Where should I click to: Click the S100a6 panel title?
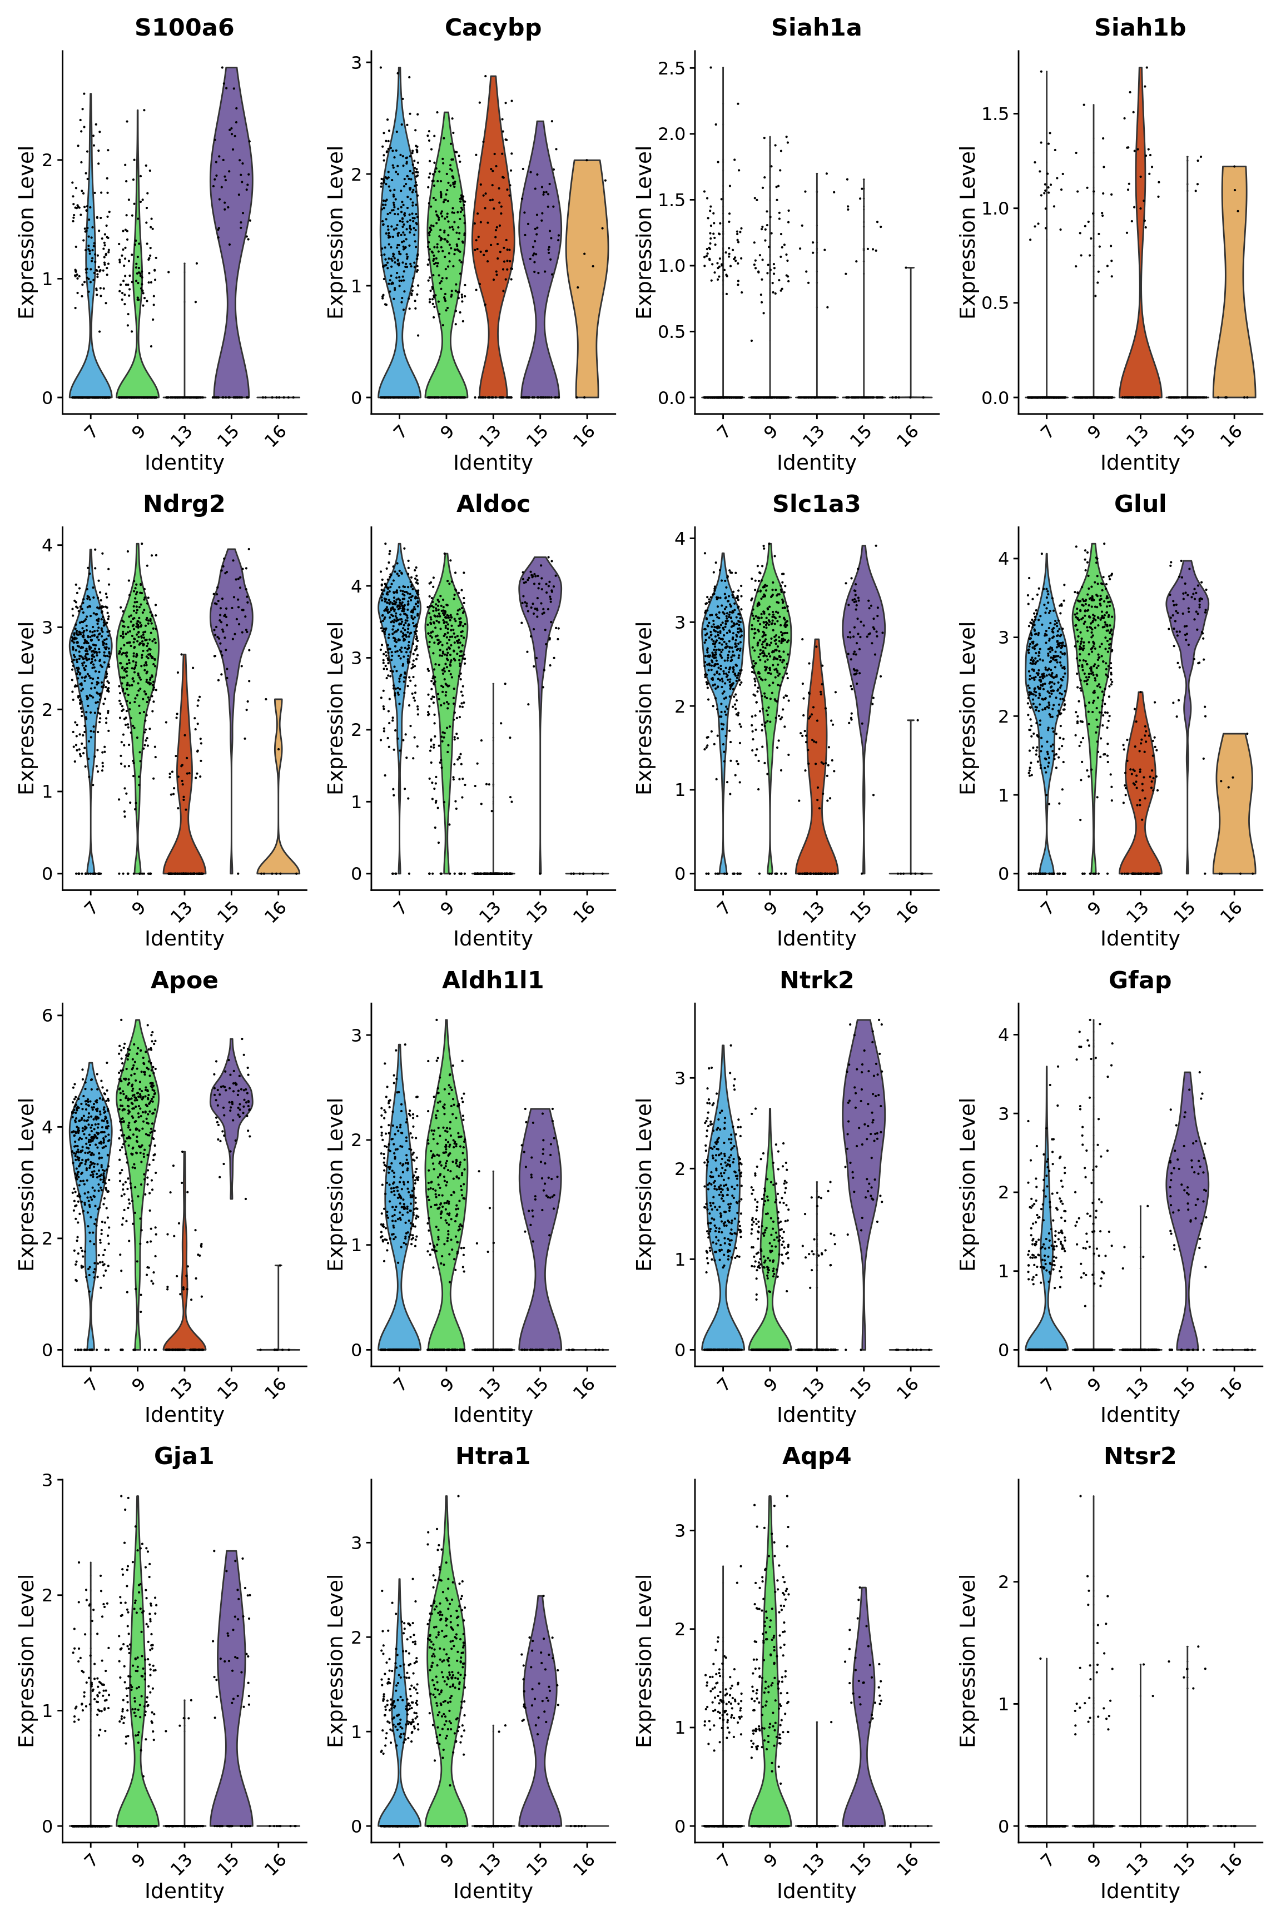(x=184, y=28)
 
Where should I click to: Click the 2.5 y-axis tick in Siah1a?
(x=672, y=68)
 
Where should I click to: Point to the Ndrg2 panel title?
(x=184, y=504)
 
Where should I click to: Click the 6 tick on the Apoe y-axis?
(x=47, y=1015)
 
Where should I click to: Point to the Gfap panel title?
(x=1140, y=980)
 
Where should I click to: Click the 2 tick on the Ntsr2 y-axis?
(x=1003, y=1582)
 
